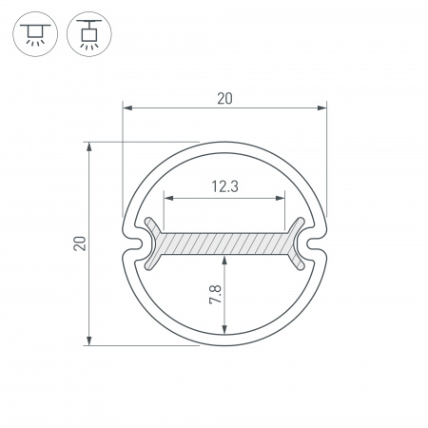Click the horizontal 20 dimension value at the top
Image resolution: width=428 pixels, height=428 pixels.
[224, 98]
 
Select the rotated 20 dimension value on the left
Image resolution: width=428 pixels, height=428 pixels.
[81, 243]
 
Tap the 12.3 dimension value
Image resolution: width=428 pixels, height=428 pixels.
[224, 187]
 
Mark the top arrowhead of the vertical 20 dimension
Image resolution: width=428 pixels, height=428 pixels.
[90, 148]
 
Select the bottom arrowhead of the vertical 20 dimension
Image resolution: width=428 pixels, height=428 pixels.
[90, 340]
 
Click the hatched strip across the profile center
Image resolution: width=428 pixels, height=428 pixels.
[224, 243]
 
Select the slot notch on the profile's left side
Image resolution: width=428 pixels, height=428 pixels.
[136, 245]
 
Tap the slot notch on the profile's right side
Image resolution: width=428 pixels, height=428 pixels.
[313, 245]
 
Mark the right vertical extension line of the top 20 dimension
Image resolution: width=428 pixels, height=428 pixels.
[325, 162]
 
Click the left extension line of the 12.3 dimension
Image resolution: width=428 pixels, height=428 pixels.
[165, 211]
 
